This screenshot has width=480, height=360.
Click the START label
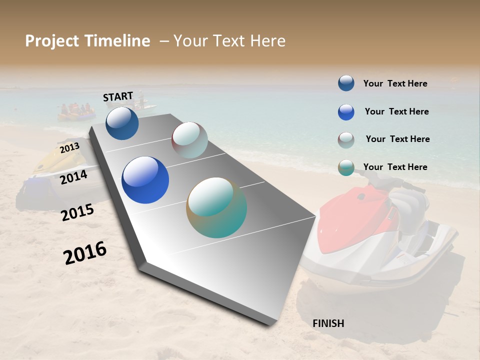(x=118, y=96)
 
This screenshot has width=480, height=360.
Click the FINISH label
(x=328, y=323)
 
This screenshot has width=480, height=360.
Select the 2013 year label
(x=69, y=148)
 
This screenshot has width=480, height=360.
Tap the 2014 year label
(x=73, y=177)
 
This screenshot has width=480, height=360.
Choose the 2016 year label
(x=85, y=253)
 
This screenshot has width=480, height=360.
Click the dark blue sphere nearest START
(x=122, y=123)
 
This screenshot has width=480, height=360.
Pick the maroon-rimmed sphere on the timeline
(x=189, y=140)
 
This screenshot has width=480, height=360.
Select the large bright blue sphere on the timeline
(x=145, y=180)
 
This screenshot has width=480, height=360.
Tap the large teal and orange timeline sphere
(x=216, y=207)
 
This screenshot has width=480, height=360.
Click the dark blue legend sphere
(x=346, y=83)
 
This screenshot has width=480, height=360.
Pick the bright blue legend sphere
(x=346, y=112)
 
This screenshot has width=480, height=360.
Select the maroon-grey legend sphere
(x=346, y=140)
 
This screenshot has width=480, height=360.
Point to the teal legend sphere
(x=346, y=167)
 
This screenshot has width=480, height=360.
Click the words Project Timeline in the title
(x=87, y=41)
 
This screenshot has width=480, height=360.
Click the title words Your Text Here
(x=229, y=41)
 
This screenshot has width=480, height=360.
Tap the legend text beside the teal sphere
(x=395, y=167)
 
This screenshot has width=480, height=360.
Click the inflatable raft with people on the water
(x=76, y=113)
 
